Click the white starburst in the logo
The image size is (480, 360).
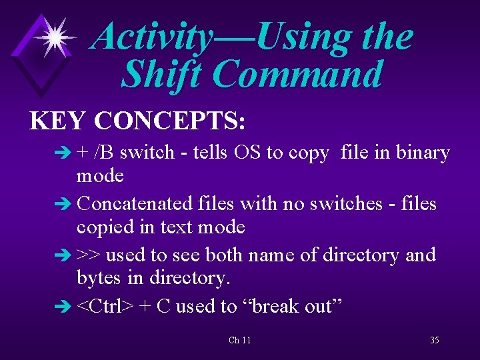[x=55, y=37]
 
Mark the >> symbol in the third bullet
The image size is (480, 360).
[x=89, y=255]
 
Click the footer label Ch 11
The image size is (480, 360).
[x=239, y=340]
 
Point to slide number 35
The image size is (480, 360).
[x=434, y=340]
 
